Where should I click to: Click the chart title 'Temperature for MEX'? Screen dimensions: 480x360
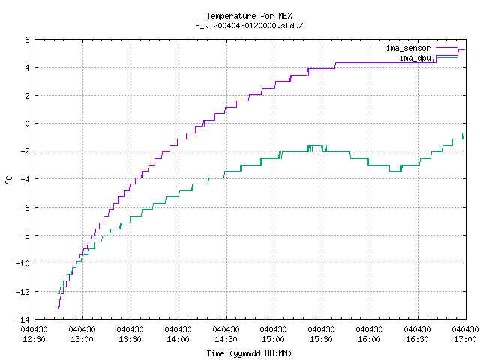(249, 16)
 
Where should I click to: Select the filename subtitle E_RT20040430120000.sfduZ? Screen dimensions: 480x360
(249, 25)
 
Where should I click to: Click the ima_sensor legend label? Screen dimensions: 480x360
(408, 48)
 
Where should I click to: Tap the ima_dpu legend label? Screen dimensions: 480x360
(415, 58)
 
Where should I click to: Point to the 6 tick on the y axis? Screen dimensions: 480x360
(27, 40)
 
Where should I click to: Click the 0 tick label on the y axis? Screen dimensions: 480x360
(27, 124)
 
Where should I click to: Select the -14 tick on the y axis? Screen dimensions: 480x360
(23, 319)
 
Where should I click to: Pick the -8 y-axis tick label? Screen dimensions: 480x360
(25, 235)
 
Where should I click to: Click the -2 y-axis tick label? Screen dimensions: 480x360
(25, 151)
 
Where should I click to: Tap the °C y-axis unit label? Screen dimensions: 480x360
(9, 180)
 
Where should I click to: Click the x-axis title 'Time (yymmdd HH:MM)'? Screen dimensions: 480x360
(249, 353)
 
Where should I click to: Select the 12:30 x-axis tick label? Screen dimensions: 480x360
(34, 339)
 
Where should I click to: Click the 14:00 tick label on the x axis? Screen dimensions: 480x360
(178, 339)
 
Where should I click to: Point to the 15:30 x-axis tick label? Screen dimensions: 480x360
(321, 339)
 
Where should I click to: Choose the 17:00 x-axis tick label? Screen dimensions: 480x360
(465, 339)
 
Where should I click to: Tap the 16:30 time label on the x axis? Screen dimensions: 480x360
(417, 339)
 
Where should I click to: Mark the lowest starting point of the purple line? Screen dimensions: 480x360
(58, 312)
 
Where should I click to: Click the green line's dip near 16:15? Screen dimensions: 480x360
(395, 171)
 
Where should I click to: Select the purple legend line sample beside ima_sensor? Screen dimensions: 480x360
(446, 48)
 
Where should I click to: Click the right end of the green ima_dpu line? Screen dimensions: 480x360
(464, 133)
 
